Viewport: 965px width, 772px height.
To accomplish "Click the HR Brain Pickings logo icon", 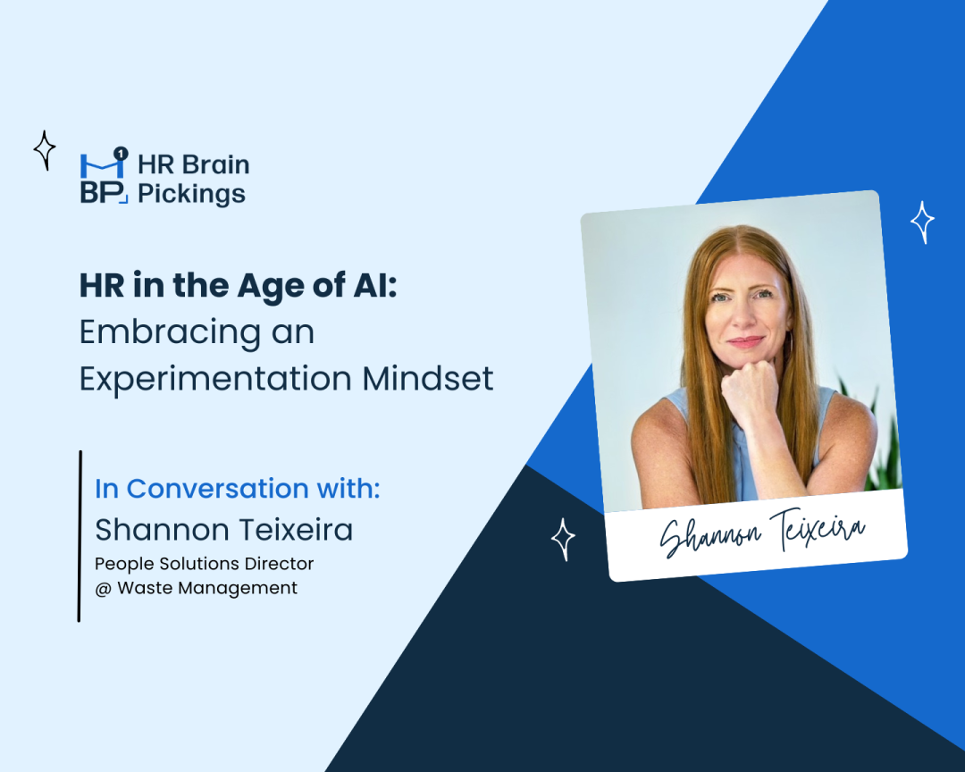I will [x=104, y=178].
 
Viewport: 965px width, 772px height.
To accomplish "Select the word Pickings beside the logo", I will [x=191, y=193].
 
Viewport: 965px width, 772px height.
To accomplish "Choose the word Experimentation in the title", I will [x=214, y=378].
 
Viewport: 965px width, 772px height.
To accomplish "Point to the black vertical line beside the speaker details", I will [x=80, y=535].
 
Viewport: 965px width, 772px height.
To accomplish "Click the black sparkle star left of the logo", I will [x=45, y=150].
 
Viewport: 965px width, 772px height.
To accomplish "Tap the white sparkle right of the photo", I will [x=922, y=222].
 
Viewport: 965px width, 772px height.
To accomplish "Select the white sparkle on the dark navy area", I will [x=562, y=538].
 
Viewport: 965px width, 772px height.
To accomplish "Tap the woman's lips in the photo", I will [x=745, y=342].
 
